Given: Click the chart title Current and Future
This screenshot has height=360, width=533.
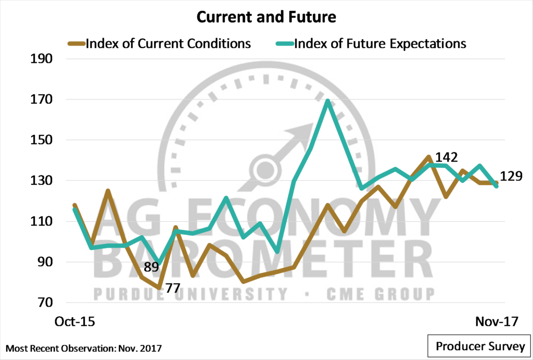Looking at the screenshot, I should click(x=266, y=17).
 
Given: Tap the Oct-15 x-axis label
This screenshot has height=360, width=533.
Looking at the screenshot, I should click(x=75, y=321).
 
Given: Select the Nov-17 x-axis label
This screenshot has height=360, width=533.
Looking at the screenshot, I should click(x=497, y=321).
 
